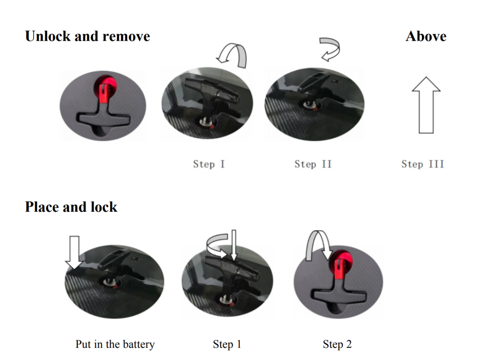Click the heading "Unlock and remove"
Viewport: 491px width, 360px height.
87,36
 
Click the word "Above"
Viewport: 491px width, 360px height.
426,36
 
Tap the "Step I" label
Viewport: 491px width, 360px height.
209,164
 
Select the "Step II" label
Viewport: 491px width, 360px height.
313,164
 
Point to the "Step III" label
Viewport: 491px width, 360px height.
423,164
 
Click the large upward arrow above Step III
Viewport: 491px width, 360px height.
426,105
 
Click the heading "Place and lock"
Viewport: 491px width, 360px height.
71,207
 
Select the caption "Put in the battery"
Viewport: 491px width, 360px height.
115,344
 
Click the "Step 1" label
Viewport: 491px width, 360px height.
227,344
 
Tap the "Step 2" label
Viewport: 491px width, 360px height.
337,344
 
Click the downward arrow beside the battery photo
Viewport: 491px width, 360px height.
74,252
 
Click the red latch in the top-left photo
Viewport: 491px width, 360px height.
105,88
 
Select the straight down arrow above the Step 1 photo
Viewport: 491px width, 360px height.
234,245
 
